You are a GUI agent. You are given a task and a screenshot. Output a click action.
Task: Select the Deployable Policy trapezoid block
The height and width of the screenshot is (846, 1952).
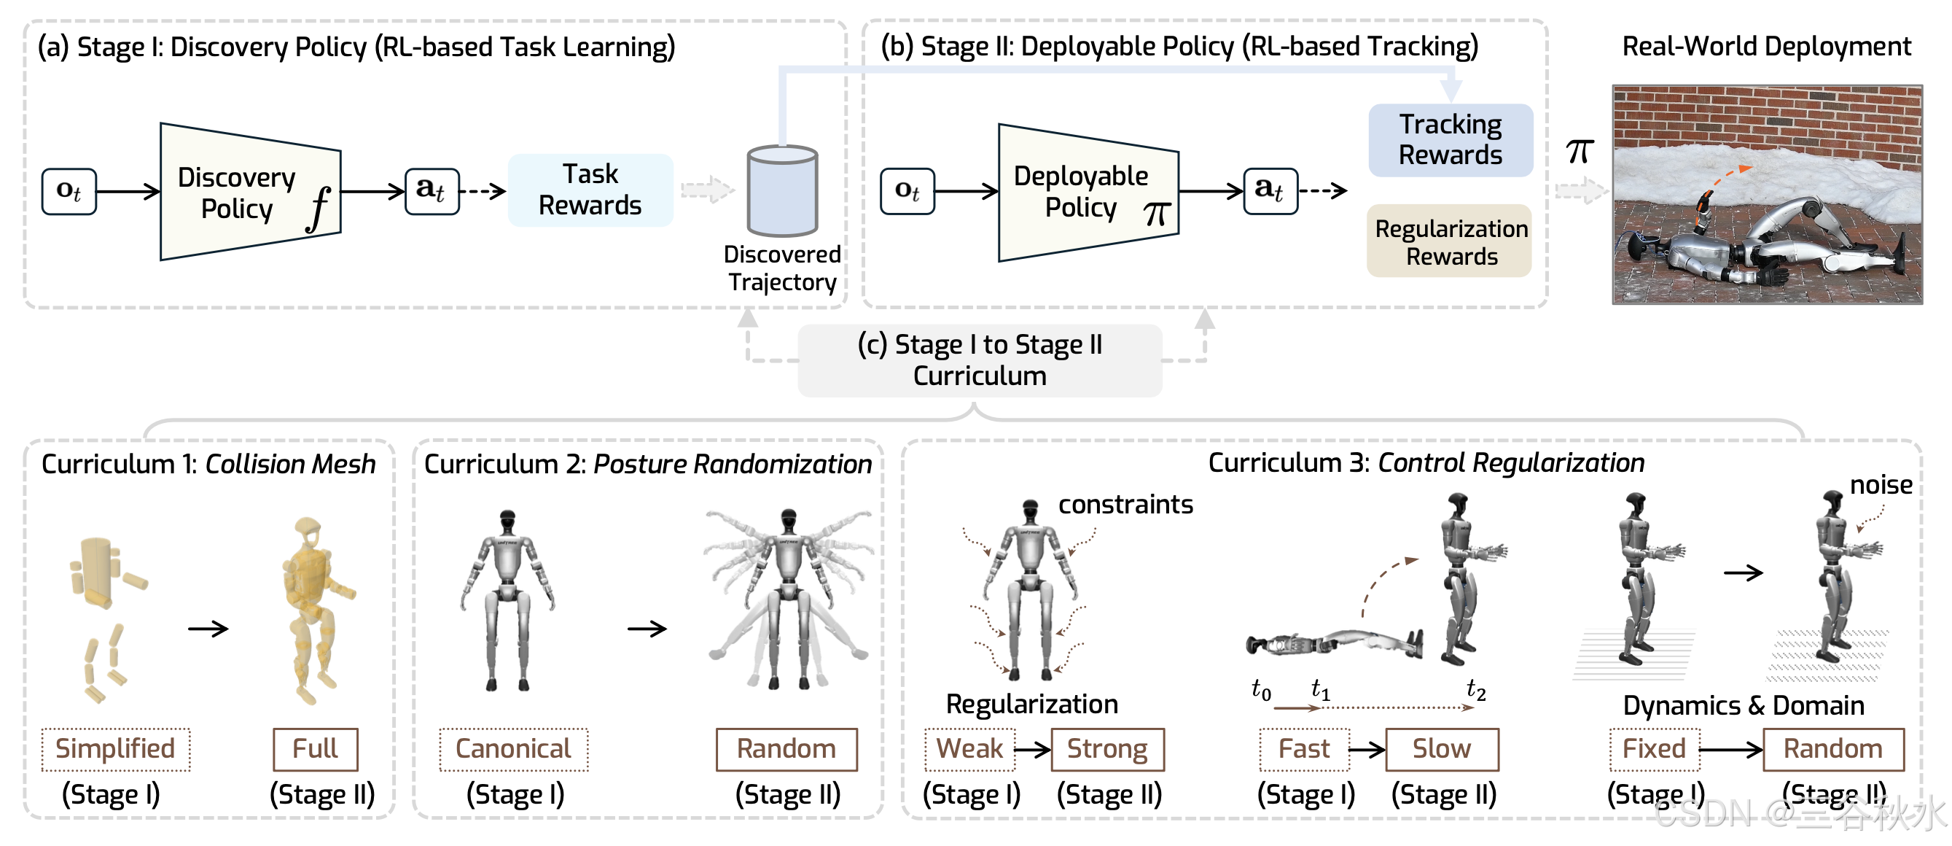[x=1088, y=192]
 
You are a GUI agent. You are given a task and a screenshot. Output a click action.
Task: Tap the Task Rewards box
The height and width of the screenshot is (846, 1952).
[x=590, y=190]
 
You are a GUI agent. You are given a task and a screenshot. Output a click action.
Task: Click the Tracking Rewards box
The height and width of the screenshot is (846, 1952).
[x=1451, y=139]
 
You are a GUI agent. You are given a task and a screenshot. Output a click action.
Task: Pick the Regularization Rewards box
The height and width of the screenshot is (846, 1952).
[x=1451, y=242]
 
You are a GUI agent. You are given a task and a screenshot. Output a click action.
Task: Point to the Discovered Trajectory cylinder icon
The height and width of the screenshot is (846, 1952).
[x=782, y=192]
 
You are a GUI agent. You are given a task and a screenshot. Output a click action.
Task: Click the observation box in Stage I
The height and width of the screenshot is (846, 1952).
[x=69, y=192]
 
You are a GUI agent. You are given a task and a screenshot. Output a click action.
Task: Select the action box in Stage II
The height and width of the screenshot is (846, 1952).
[x=1270, y=190]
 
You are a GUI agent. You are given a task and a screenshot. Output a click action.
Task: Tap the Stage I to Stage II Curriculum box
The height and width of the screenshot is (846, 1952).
[x=979, y=360]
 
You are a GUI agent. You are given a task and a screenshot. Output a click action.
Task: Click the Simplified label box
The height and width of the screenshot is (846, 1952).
[x=115, y=749]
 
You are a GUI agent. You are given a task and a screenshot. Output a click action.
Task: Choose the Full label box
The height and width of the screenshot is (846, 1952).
[x=315, y=749]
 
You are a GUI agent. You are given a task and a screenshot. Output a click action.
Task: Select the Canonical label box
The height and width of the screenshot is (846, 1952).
[x=513, y=749]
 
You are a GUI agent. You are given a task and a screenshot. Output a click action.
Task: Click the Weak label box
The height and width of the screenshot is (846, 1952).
[x=969, y=749]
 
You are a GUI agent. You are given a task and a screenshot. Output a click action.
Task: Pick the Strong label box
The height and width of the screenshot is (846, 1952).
[x=1107, y=749]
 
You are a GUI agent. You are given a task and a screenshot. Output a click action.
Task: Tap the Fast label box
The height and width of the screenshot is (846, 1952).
[x=1304, y=749]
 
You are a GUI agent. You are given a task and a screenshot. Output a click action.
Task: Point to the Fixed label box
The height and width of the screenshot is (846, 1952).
[x=1654, y=749]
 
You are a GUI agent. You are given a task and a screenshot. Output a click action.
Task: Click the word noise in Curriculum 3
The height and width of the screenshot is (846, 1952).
[x=1881, y=485]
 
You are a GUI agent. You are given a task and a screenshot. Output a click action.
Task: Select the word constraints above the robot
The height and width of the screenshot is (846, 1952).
[x=1125, y=505]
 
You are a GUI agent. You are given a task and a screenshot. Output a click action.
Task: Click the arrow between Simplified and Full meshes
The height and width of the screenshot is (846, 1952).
[x=208, y=629]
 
